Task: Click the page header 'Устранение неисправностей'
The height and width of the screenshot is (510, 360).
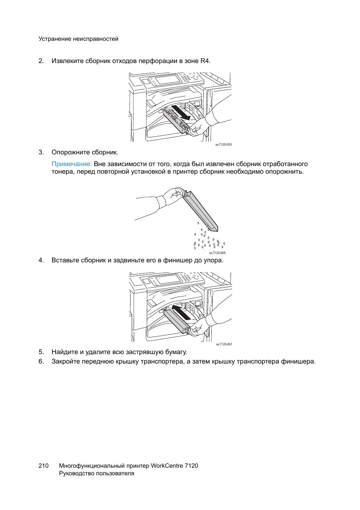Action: coord(78,39)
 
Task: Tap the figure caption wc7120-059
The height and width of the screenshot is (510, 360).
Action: coord(223,145)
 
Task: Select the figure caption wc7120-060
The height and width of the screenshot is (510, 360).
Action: coord(217,253)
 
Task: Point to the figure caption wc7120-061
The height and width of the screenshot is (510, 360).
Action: coord(224,344)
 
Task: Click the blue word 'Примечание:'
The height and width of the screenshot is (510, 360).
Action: coord(72,164)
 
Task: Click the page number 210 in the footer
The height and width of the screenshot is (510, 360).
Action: coord(43,466)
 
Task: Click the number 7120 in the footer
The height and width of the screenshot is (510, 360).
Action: coord(191,466)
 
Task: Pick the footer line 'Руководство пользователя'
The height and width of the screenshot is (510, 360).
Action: coord(97,474)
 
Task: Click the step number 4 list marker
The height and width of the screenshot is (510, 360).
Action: coord(41,260)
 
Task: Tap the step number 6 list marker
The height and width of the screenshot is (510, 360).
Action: coord(41,362)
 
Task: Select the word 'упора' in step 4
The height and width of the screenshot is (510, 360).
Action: coord(213,260)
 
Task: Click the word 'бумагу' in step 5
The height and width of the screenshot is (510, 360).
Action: coord(176,352)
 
